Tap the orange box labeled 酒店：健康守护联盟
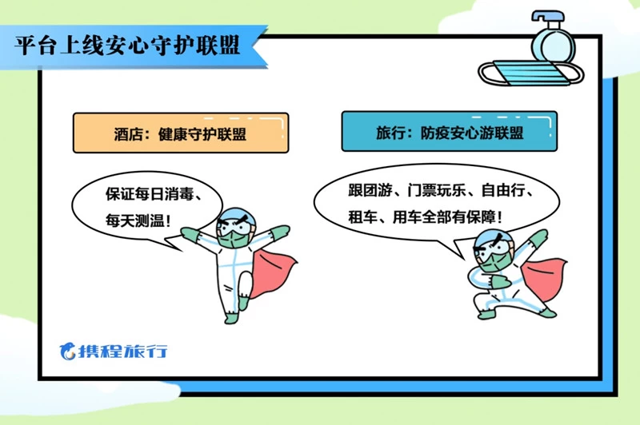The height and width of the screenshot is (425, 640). point(181,133)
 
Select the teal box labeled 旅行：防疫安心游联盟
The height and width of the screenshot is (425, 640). point(450,131)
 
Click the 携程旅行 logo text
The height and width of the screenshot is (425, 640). point(123,351)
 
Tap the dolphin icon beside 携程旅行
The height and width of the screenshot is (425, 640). point(68,351)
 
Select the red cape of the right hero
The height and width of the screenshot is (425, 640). point(543,279)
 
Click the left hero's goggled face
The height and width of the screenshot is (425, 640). point(236,228)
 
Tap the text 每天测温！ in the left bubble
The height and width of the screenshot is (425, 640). point(138,220)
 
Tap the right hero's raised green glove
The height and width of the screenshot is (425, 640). point(538,237)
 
